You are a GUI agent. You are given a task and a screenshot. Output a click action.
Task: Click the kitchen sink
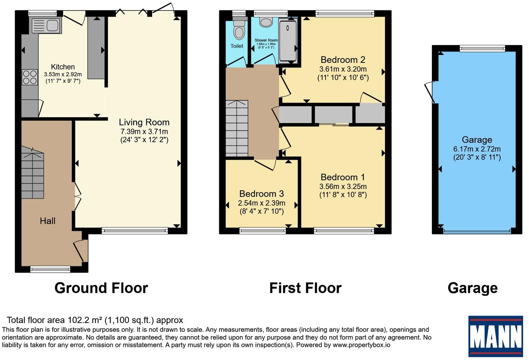click(46, 26)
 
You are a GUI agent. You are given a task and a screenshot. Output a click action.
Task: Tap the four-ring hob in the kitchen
click(30, 77)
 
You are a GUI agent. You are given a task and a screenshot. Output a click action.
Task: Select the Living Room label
click(144, 122)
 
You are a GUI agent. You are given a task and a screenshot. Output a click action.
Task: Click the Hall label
click(47, 221)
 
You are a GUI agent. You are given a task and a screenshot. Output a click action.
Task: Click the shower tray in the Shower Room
click(288, 41)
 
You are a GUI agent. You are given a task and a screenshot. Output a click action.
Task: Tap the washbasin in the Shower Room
click(266, 22)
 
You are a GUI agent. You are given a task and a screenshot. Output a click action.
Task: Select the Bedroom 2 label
click(343, 60)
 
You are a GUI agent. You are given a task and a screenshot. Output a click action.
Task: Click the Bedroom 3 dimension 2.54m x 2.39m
click(262, 203)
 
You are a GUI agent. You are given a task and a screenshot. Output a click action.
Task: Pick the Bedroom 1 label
click(343, 177)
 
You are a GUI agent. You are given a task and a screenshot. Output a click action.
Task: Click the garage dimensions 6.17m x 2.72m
click(477, 149)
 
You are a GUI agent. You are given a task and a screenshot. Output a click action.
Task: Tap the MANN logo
click(495, 336)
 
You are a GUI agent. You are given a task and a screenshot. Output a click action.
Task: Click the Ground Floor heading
click(101, 288)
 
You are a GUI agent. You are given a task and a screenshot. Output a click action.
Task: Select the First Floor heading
click(305, 288)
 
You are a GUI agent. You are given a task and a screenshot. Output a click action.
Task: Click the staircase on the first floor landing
click(237, 128)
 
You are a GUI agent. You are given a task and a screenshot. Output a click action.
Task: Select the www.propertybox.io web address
click(361, 345)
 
